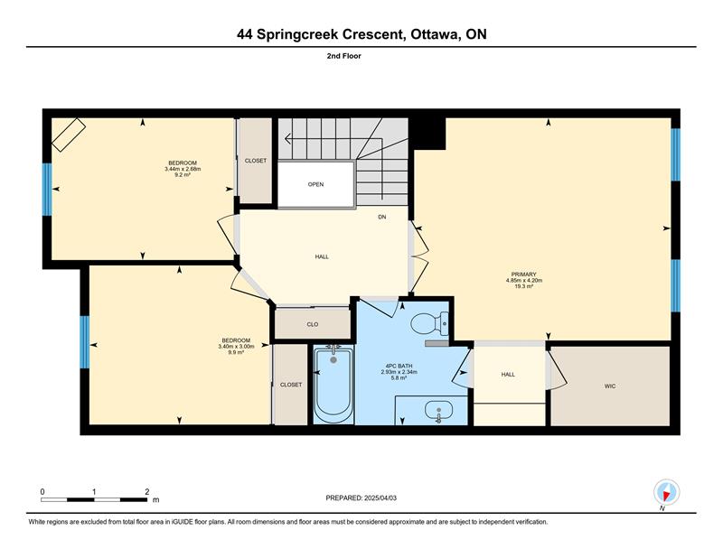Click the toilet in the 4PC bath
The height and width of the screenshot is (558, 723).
[429, 323]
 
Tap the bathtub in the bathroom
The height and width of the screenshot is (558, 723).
[333, 385]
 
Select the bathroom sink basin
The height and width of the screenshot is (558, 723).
[439, 410]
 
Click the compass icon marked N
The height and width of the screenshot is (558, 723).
[666, 492]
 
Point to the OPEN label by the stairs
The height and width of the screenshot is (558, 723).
[315, 184]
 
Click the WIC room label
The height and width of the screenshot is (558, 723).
[609, 386]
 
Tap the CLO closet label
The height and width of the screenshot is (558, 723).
[312, 324]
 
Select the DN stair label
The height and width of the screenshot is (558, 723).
[381, 217]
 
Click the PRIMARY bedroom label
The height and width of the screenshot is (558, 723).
[524, 274]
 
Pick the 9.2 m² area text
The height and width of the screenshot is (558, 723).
[183, 174]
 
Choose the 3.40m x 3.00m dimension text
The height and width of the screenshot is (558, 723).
[236, 346]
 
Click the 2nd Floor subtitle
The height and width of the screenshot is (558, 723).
[344, 56]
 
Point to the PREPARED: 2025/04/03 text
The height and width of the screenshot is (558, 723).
[361, 498]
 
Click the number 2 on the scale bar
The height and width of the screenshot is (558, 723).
[146, 492]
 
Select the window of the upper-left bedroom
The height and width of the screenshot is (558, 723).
[47, 190]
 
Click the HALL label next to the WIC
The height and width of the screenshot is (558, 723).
[508, 375]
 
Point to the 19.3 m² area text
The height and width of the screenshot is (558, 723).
[524, 286]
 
